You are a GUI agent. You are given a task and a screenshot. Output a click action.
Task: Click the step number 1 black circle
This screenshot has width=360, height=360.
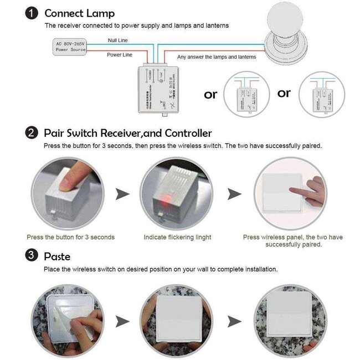(33, 13)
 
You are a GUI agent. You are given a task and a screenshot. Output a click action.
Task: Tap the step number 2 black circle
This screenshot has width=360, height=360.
(33, 133)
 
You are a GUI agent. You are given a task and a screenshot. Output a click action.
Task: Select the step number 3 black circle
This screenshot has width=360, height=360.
(33, 256)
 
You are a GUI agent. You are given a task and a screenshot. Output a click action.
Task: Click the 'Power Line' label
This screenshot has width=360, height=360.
(120, 55)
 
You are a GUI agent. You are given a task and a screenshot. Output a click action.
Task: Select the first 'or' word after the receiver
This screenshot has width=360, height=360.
(210, 95)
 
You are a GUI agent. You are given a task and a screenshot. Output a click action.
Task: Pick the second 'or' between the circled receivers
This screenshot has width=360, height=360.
(284, 93)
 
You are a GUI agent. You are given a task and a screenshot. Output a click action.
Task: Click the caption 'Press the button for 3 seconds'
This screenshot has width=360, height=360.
(71, 237)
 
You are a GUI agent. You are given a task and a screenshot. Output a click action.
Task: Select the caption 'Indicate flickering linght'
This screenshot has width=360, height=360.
(177, 237)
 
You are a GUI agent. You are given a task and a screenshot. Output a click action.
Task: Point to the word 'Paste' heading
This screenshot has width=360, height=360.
(57, 256)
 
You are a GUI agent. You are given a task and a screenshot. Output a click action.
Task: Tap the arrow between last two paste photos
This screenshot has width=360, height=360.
(235, 321)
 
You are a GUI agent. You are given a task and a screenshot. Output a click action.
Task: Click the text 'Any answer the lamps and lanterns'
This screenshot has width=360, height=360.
(217, 57)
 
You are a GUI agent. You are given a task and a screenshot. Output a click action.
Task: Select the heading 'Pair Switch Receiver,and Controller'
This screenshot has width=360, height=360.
(127, 133)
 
